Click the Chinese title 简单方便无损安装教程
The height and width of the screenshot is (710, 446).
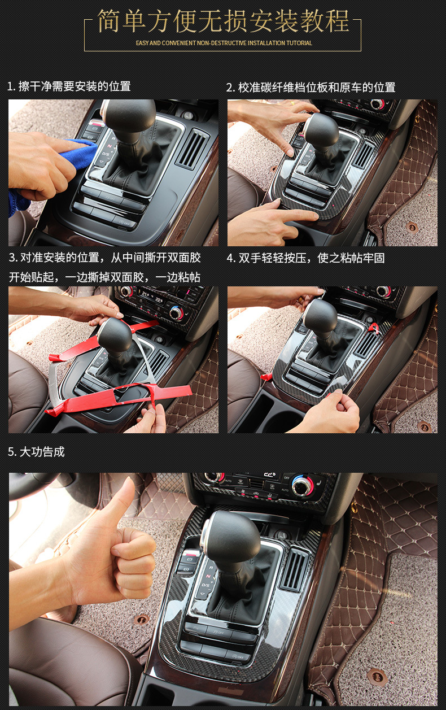point(223,21)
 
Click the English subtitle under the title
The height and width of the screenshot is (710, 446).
point(224,43)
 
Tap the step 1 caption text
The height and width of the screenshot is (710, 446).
point(69,86)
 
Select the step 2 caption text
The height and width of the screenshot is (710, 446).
point(311,87)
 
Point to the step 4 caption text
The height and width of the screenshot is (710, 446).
point(305,258)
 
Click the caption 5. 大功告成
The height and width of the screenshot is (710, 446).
point(36,452)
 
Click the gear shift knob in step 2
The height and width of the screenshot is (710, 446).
point(321,130)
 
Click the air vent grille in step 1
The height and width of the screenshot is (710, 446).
point(192,149)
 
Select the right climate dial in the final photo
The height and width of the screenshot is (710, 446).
point(302,484)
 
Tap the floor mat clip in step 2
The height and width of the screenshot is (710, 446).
point(412,226)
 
